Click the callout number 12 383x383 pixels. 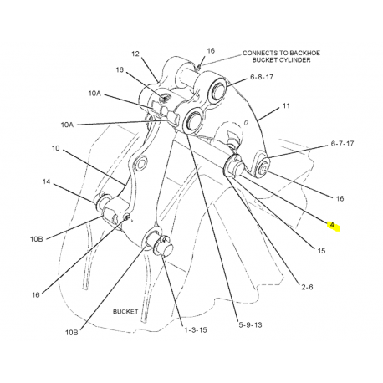135,54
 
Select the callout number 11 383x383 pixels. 286,105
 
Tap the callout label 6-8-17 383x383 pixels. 262,77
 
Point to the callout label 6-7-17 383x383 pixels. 342,144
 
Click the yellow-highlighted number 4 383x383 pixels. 332,225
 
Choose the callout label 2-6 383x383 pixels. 307,287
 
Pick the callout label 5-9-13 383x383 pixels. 250,324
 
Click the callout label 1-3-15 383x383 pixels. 196,330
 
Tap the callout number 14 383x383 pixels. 46,181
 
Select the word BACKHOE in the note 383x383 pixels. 304,53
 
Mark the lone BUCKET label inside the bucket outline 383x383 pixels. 125,312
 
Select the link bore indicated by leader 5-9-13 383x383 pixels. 193,120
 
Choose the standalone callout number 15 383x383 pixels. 321,251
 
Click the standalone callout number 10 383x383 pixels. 55,148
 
